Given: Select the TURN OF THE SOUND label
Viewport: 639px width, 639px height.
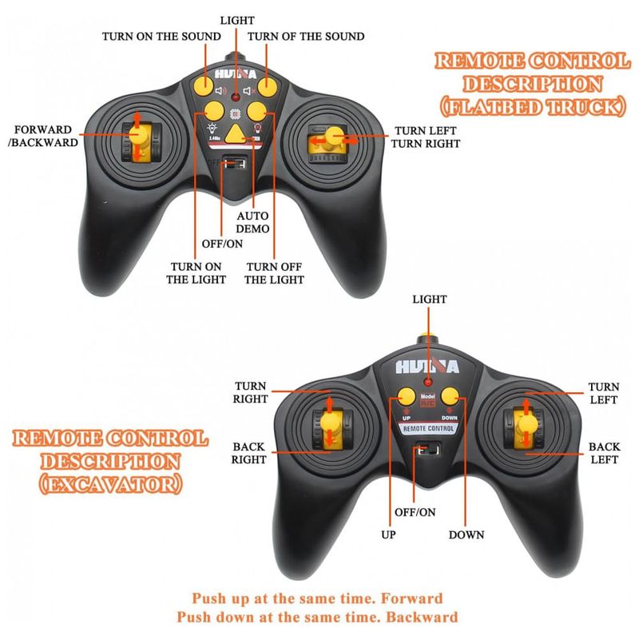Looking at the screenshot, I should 306,36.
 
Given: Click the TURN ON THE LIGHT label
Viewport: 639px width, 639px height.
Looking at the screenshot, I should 196,272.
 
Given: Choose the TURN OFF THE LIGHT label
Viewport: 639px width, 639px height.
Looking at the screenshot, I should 274,272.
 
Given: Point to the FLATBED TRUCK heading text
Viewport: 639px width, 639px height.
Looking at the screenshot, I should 532,106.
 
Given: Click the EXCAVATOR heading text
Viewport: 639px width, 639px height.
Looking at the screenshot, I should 111,484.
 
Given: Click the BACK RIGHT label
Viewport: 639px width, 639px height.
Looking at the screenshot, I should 249,453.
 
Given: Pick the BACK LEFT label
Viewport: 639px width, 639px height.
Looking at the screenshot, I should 604,453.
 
